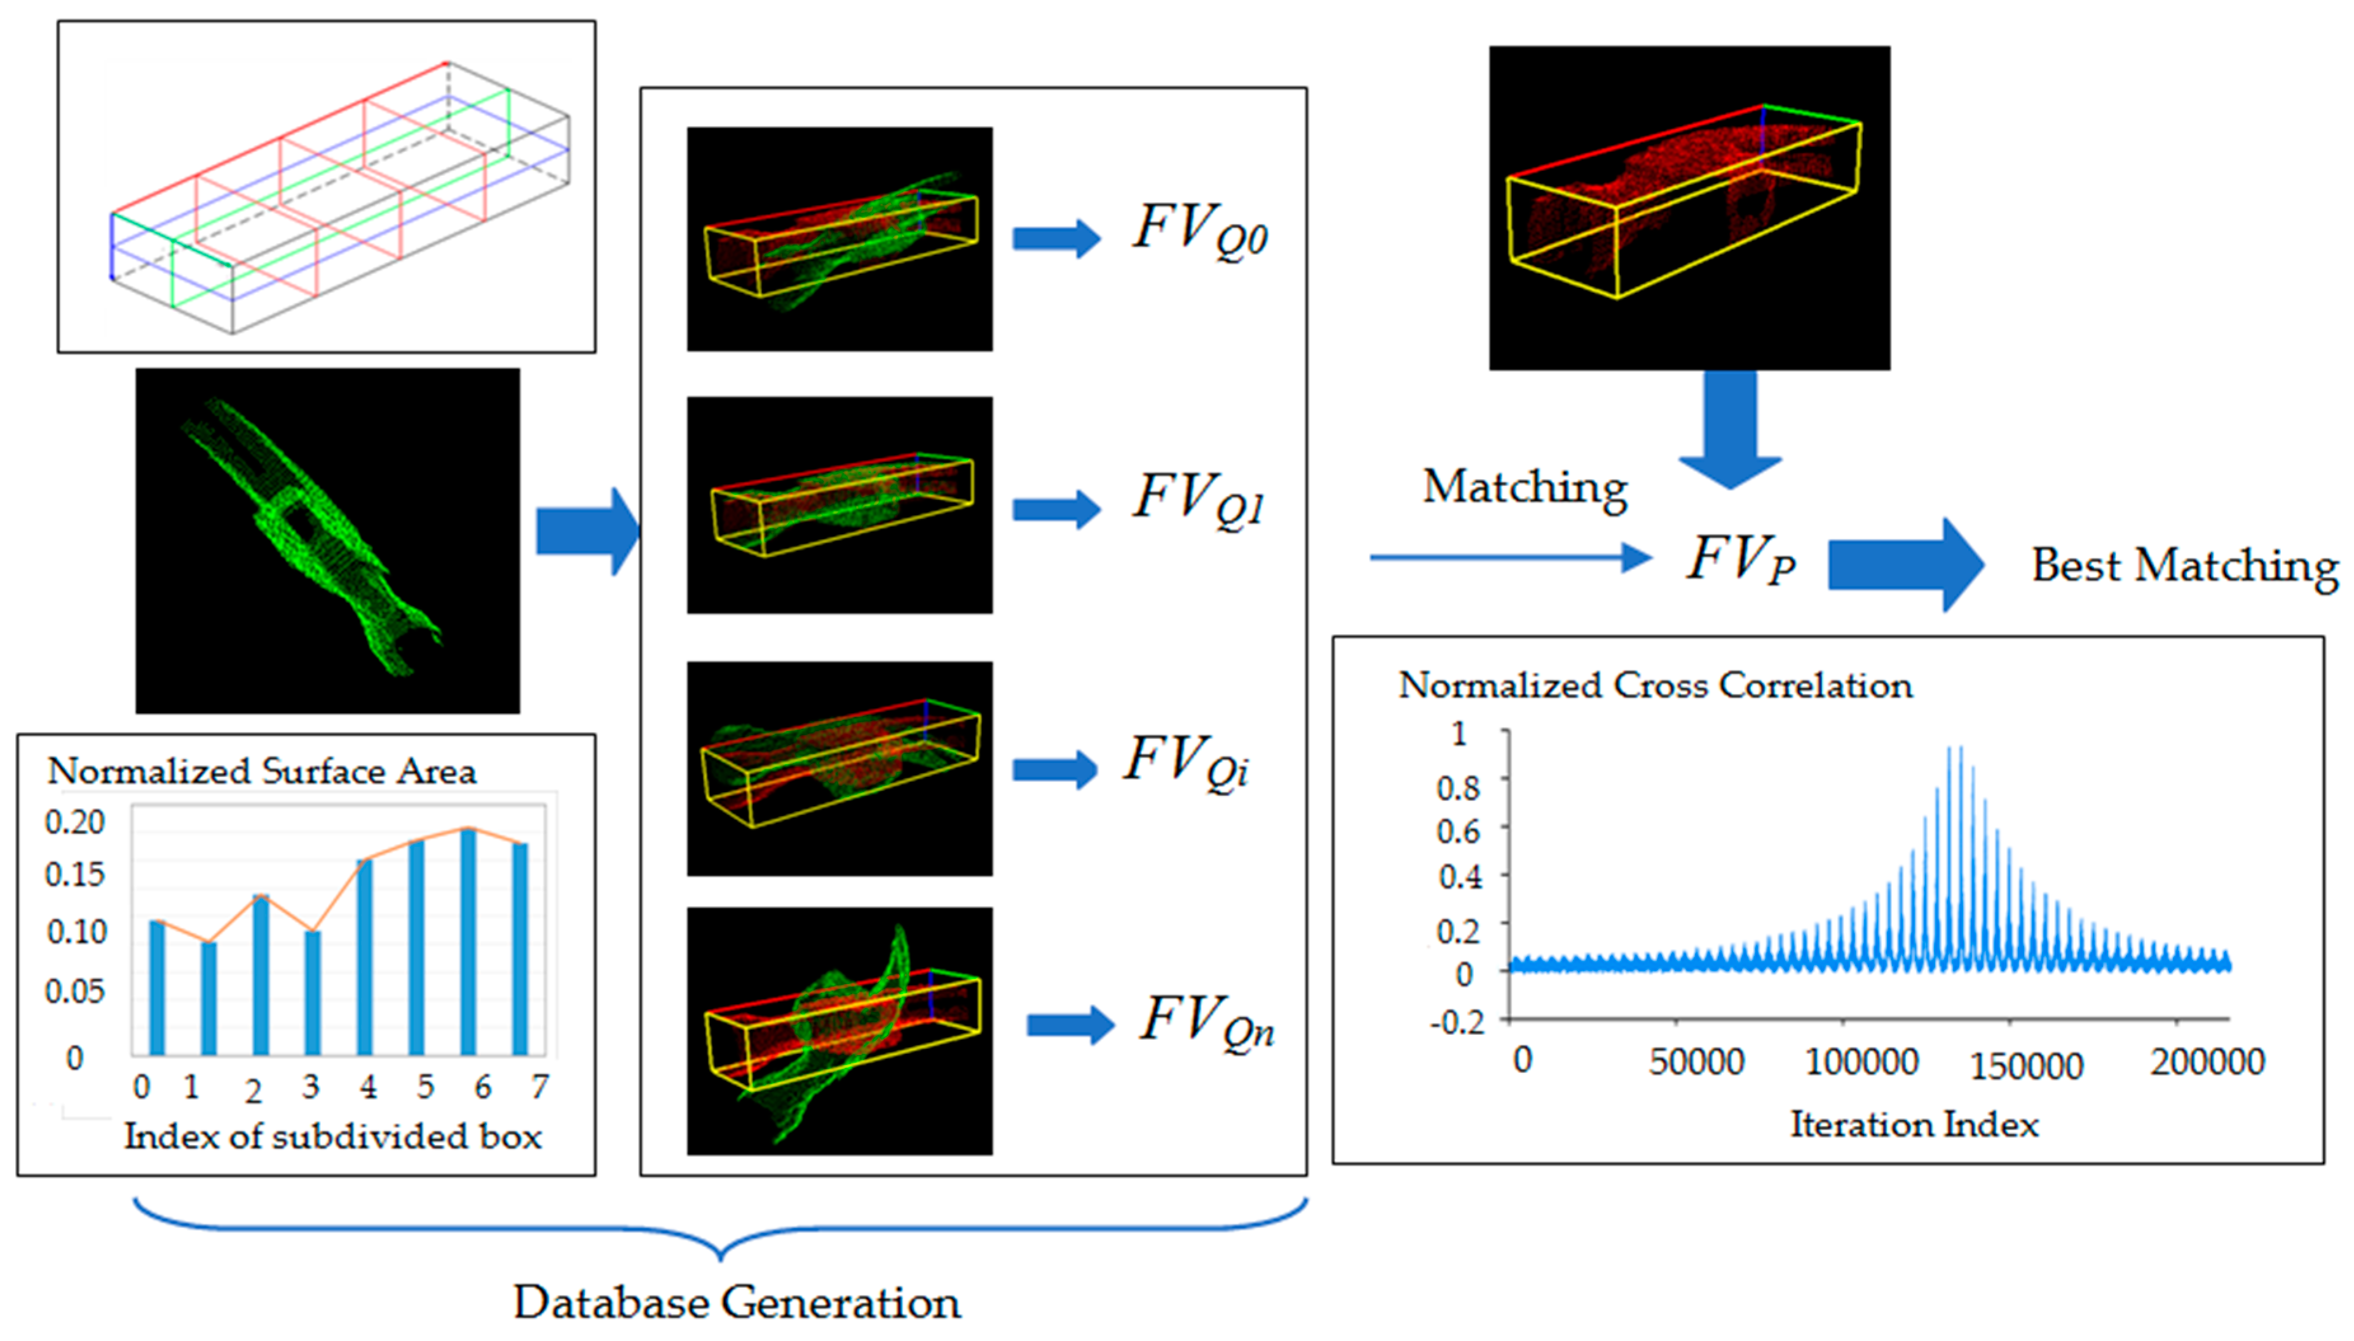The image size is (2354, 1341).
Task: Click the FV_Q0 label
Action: point(1200,230)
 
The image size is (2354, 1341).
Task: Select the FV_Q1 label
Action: point(1198,500)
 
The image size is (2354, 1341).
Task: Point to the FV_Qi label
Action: point(1187,762)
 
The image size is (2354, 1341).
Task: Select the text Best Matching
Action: point(2184,565)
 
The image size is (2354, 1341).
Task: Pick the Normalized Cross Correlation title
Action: point(1655,685)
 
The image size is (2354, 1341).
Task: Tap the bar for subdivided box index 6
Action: point(468,941)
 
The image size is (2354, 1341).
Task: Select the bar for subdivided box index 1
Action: point(209,999)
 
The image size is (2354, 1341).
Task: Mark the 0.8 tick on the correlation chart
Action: point(1459,788)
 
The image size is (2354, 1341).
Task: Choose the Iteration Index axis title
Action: point(1914,1124)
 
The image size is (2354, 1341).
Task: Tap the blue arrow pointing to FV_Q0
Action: point(1056,239)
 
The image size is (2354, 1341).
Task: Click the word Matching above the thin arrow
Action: point(1525,487)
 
